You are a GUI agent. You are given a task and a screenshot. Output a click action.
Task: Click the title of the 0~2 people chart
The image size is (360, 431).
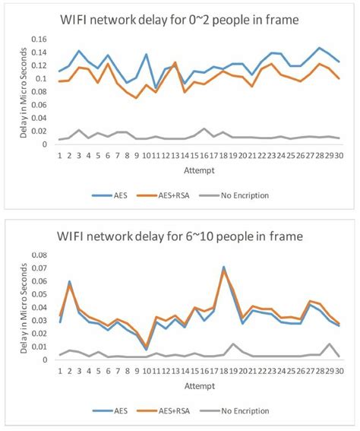[x=185, y=18]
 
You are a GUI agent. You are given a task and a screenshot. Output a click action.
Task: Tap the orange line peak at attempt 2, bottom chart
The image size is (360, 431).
[x=70, y=285]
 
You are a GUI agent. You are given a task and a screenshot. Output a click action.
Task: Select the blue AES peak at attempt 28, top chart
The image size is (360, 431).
[x=319, y=48]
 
